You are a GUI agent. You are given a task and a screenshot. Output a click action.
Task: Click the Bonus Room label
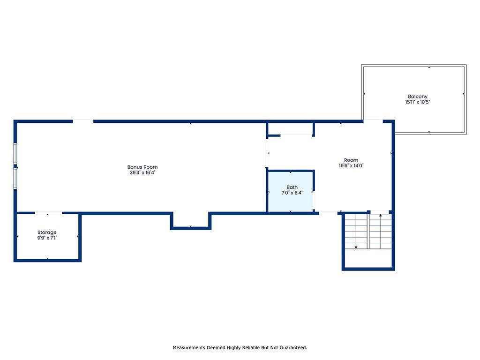pos(142,167)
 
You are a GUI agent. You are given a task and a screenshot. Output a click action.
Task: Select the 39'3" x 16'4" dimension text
pos(142,172)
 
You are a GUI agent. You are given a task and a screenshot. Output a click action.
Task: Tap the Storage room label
pos(47,232)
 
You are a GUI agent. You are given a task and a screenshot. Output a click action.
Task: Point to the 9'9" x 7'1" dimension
pos(47,238)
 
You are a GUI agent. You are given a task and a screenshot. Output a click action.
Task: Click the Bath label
pos(292,187)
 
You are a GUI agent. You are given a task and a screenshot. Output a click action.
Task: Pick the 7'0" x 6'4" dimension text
pos(292,193)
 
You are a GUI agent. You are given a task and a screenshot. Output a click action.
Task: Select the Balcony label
pos(418,97)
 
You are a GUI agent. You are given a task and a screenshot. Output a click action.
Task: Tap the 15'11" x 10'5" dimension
pos(418,102)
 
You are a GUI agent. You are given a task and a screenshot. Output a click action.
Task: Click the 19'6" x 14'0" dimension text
pos(351,165)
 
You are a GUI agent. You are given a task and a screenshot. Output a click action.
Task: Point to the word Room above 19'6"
pos(351,160)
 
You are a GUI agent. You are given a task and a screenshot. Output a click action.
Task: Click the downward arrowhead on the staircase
pos(356,247)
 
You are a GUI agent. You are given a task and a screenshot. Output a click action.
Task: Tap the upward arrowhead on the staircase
pos(381,216)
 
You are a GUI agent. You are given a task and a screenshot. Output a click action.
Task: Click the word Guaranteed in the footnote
pos(293,347)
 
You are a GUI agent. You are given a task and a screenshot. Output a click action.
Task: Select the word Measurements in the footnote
pos(189,347)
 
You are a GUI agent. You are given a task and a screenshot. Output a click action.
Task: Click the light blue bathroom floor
pos(291,202)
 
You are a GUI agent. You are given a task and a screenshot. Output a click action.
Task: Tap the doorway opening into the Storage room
pos(48,213)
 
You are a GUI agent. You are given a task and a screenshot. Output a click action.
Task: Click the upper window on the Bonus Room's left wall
pos(15,153)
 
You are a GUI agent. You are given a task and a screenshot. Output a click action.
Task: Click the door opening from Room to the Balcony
pos(373,121)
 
